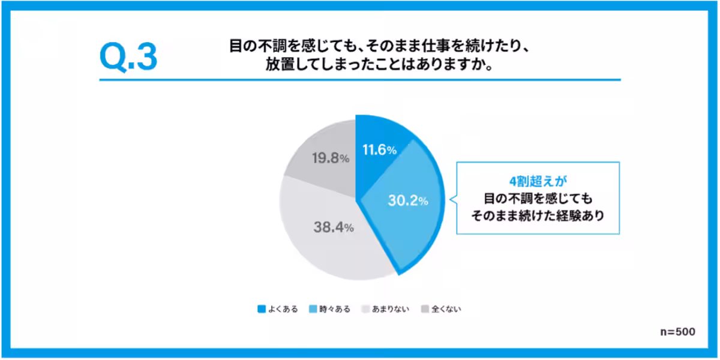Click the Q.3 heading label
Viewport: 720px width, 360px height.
[x=128, y=57]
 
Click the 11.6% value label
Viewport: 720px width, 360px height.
[x=380, y=150]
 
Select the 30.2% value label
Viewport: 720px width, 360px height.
[x=408, y=200]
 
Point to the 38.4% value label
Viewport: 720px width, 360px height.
[x=334, y=227]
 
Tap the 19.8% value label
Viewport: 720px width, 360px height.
[x=331, y=158]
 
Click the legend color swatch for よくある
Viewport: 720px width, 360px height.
[x=262, y=309]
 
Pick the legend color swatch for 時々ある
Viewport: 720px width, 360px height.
[x=313, y=309]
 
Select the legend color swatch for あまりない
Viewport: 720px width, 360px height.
[x=365, y=309]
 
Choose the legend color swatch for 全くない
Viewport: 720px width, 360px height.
[x=425, y=309]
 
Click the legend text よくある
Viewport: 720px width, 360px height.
[x=283, y=309]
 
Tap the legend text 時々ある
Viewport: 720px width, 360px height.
[x=335, y=309]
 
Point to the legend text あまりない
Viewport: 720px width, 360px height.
[x=391, y=309]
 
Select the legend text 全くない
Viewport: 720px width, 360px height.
[x=446, y=309]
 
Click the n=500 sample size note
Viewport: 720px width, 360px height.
[x=677, y=332]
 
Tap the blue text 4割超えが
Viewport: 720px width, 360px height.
[x=538, y=182]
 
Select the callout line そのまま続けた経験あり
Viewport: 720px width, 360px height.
[x=538, y=215]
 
